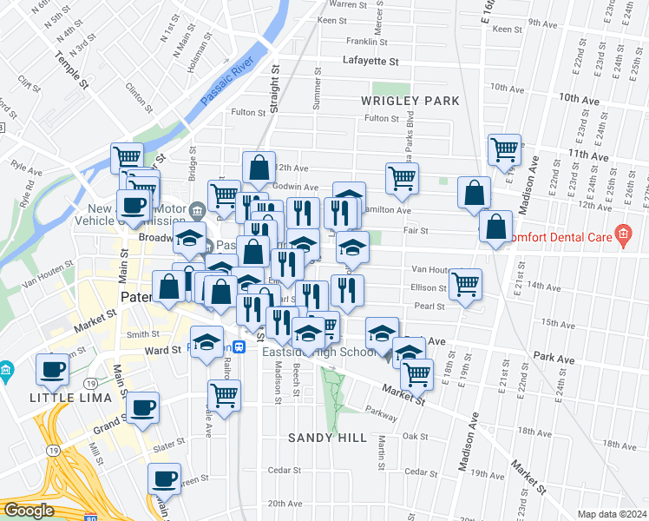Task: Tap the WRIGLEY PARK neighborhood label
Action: tap(410, 102)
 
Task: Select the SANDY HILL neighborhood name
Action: tap(328, 438)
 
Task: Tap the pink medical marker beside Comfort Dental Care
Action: tap(622, 233)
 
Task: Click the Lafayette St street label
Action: tap(370, 62)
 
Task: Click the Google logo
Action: tap(29, 511)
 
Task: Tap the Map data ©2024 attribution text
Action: tap(612, 514)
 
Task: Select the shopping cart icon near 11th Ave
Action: tap(503, 149)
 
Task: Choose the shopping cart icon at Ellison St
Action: tap(466, 283)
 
